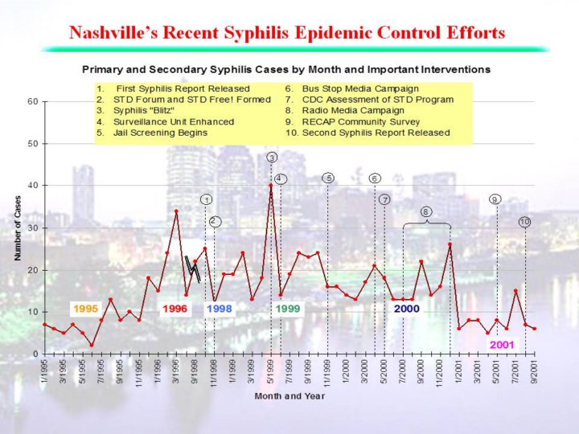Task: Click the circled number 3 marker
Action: (273, 157)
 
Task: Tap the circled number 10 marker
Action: (524, 221)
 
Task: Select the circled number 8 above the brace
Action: (425, 211)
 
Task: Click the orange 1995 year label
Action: (86, 308)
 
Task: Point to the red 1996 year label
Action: (175, 308)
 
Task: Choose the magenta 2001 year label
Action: (503, 343)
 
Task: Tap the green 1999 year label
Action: (289, 308)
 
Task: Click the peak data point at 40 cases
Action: (271, 186)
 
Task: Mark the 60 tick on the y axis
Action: (32, 102)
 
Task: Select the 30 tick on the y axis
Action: (32, 228)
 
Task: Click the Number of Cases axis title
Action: (17, 227)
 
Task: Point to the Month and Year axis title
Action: (289, 396)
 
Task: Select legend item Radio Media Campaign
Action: (347, 110)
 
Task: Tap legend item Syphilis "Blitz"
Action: (150, 110)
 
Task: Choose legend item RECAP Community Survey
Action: (359, 121)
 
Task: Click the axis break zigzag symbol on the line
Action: (192, 268)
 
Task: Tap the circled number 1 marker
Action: (206, 199)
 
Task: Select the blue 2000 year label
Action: (407, 308)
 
